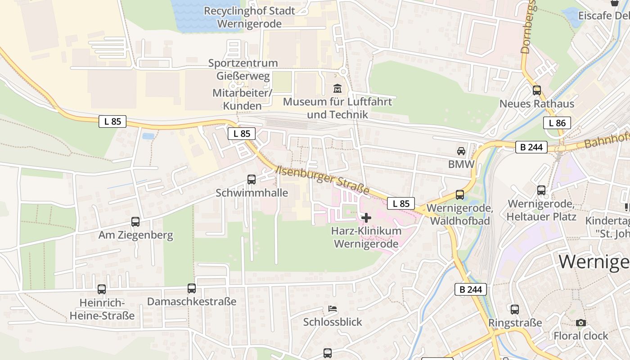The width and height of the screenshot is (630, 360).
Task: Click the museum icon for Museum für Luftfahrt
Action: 337,88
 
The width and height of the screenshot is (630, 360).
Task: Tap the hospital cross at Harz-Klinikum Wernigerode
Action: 366,218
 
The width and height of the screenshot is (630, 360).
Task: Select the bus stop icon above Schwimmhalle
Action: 252,180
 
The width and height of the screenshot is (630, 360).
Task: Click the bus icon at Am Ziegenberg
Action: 135,221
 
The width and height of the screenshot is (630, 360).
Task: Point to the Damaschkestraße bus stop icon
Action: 192,288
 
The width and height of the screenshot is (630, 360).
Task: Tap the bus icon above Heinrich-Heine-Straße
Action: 102,289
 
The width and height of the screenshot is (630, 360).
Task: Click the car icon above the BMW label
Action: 461,151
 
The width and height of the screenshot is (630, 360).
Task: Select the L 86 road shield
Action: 557,123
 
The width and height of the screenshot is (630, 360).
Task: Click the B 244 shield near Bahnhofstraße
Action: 531,147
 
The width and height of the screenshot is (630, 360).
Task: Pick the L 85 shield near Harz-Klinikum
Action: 400,203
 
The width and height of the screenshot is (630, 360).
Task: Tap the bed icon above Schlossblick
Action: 333,309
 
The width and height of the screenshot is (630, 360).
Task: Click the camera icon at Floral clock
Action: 581,323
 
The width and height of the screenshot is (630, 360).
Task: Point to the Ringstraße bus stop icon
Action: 515,310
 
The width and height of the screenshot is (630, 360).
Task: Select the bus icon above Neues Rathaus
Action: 536,90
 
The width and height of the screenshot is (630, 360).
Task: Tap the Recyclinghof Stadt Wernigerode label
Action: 249,17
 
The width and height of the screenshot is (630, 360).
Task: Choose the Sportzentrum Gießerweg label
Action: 243,69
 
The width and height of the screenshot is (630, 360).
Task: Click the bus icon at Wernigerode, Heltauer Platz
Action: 541,190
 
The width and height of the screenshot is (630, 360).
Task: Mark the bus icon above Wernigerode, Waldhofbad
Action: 460,195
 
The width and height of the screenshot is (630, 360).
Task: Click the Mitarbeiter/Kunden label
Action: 243,99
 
